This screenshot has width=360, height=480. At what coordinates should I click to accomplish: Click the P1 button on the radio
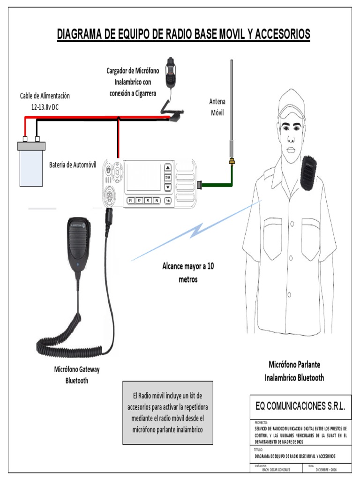[131, 200]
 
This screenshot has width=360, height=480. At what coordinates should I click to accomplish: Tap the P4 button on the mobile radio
[157, 200]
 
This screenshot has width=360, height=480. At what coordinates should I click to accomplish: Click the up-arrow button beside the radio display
[167, 167]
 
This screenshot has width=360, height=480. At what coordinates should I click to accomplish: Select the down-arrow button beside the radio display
[167, 187]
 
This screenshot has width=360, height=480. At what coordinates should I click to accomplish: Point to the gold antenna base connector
[231, 162]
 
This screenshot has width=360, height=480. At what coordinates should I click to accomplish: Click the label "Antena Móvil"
[217, 107]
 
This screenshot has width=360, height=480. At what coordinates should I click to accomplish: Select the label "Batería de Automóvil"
[73, 165]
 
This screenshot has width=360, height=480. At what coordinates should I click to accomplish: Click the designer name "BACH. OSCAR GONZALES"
[276, 469]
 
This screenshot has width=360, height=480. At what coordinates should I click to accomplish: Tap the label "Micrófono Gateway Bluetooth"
[77, 375]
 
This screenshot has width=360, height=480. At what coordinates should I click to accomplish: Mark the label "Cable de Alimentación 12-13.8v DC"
[45, 101]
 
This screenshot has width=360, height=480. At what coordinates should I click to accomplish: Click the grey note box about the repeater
[167, 412]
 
